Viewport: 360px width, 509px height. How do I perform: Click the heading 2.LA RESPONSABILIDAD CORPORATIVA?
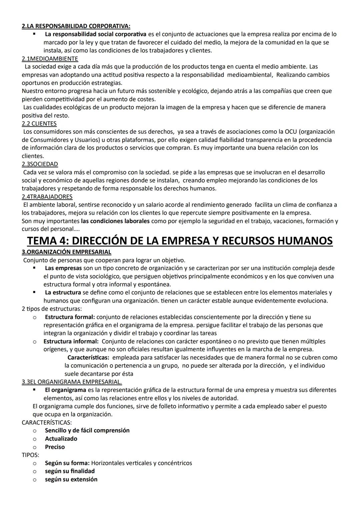(x=76, y=26)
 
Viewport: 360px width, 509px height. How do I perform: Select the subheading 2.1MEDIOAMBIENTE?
(x=50, y=59)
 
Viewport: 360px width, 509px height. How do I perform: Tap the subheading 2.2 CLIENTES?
(x=39, y=124)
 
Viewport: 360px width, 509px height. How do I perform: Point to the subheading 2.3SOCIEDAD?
(x=40, y=164)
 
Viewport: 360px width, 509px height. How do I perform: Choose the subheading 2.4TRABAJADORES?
(x=47, y=197)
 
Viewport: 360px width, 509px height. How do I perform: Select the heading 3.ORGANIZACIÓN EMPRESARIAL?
(x=67, y=252)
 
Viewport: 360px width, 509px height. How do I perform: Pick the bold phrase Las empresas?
(x=63, y=268)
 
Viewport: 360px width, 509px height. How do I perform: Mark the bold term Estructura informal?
(x=71, y=341)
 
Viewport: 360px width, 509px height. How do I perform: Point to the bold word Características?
(x=88, y=358)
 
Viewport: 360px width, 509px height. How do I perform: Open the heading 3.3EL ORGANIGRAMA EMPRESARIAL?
(x=72, y=382)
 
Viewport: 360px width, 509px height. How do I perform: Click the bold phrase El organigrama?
(x=66, y=390)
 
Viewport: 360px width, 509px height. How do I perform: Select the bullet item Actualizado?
(x=61, y=439)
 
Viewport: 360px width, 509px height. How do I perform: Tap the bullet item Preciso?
(x=55, y=447)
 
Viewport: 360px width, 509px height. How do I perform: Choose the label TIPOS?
(x=30, y=455)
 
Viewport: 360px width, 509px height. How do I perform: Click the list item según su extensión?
(x=71, y=479)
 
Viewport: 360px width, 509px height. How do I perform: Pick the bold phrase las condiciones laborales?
(x=115, y=221)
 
